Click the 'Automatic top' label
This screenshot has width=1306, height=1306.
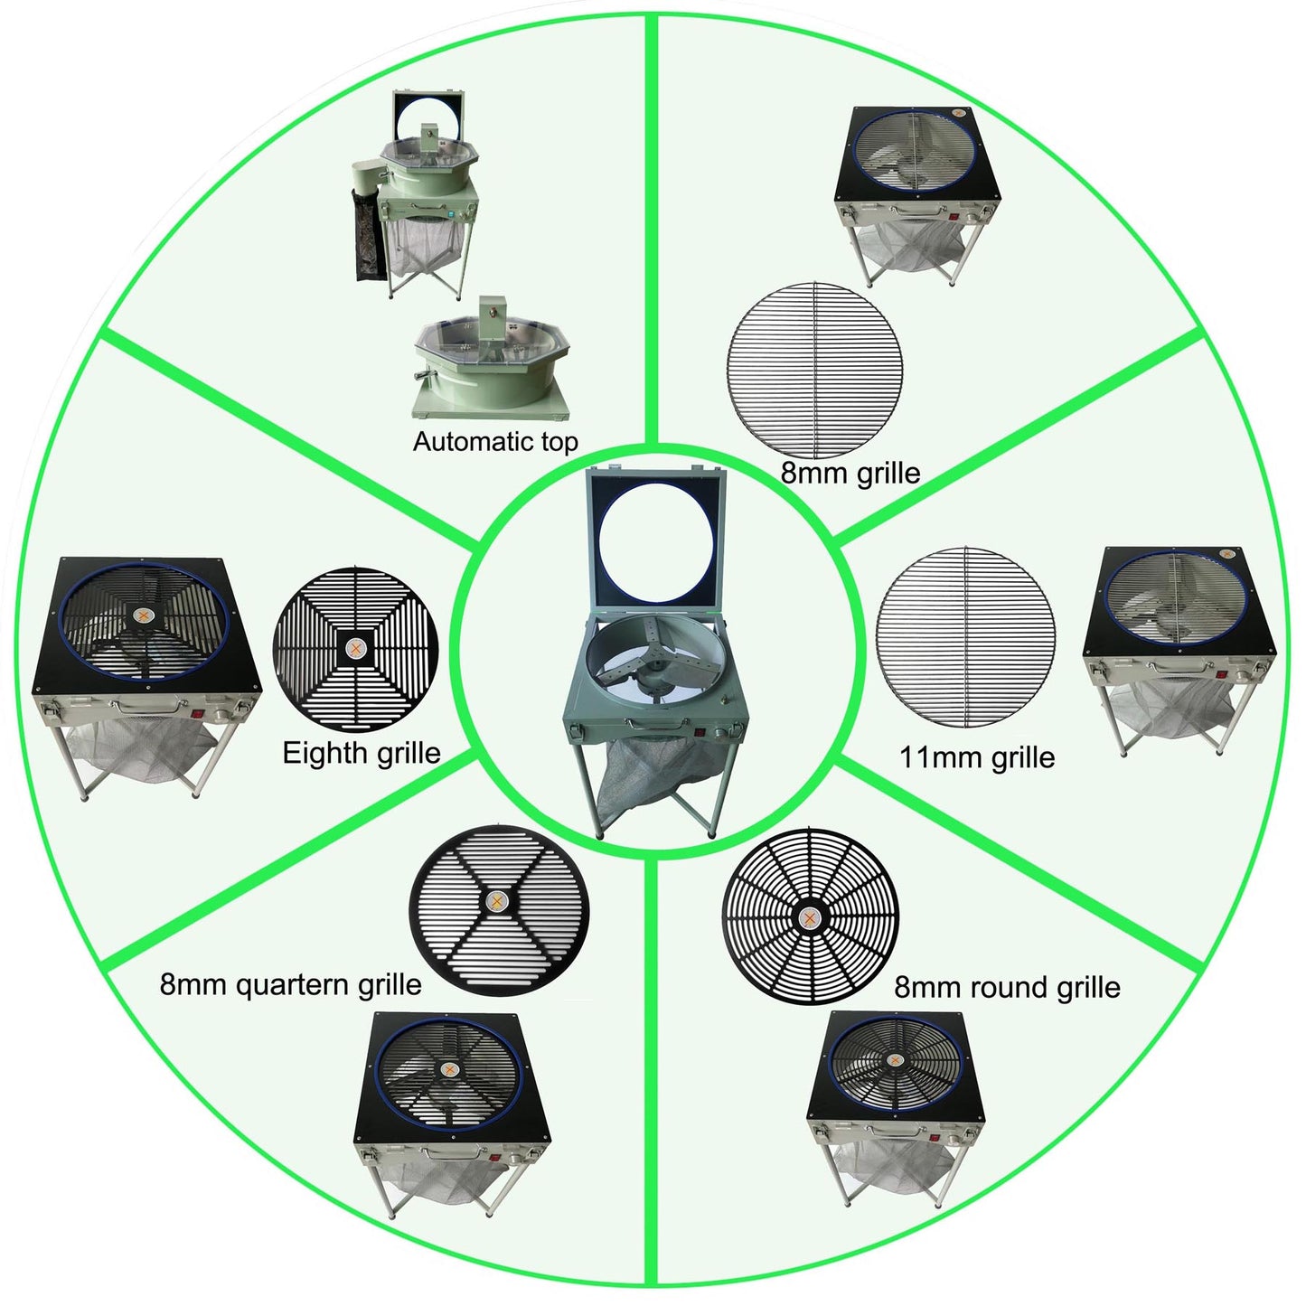pyautogui.click(x=495, y=442)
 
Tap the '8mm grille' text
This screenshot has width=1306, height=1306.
pyautogui.click(x=850, y=473)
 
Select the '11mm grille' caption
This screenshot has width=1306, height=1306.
pyautogui.click(x=977, y=757)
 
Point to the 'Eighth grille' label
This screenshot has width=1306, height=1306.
pyautogui.click(x=362, y=753)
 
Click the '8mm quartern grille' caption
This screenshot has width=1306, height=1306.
pyautogui.click(x=290, y=984)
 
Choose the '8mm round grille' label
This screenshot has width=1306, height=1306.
pyautogui.click(x=1007, y=987)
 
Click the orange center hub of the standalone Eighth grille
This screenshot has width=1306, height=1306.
pyautogui.click(x=355, y=649)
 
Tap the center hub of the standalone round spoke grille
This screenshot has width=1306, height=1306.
pyautogui.click(x=809, y=917)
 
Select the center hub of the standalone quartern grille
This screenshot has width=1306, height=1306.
pyautogui.click(x=499, y=901)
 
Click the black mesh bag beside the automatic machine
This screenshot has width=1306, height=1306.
pyautogui.click(x=370, y=234)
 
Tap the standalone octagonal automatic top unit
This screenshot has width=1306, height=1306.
pyautogui.click(x=491, y=360)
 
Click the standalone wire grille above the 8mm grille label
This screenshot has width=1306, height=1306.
pyautogui.click(x=814, y=370)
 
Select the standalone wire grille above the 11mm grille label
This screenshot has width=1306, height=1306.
pyautogui.click(x=966, y=637)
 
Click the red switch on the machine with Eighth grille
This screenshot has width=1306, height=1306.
pyautogui.click(x=199, y=712)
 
